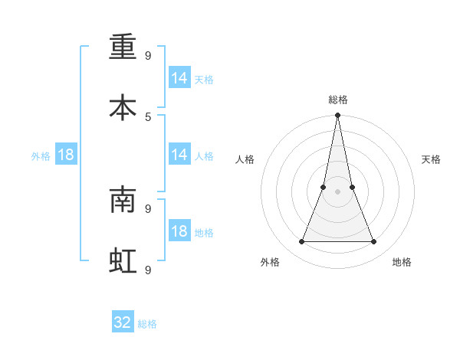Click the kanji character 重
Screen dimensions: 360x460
click(123, 48)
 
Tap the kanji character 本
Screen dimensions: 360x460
click(123, 107)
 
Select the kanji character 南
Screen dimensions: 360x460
click(123, 201)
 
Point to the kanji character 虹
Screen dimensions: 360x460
click(123, 260)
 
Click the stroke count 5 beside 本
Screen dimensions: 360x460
click(148, 116)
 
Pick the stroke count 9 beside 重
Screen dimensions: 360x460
click(148, 55)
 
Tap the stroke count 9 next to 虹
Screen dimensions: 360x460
click(148, 269)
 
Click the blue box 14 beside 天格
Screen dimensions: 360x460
click(179, 78)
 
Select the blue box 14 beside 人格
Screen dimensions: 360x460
click(179, 155)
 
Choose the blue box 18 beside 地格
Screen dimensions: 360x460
click(179, 231)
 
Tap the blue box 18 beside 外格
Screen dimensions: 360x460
click(66, 155)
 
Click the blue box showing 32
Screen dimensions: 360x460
click(123, 322)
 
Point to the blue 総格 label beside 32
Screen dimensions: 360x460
click(147, 324)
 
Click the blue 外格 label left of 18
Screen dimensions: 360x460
click(41, 156)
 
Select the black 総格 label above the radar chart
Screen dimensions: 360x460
click(338, 100)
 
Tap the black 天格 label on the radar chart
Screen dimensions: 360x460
click(432, 159)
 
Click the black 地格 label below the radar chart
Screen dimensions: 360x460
click(402, 262)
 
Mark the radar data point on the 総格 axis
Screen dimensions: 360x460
click(338, 116)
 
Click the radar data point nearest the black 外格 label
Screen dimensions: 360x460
click(302, 242)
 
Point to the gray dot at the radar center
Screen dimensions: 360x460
click(338, 191)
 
